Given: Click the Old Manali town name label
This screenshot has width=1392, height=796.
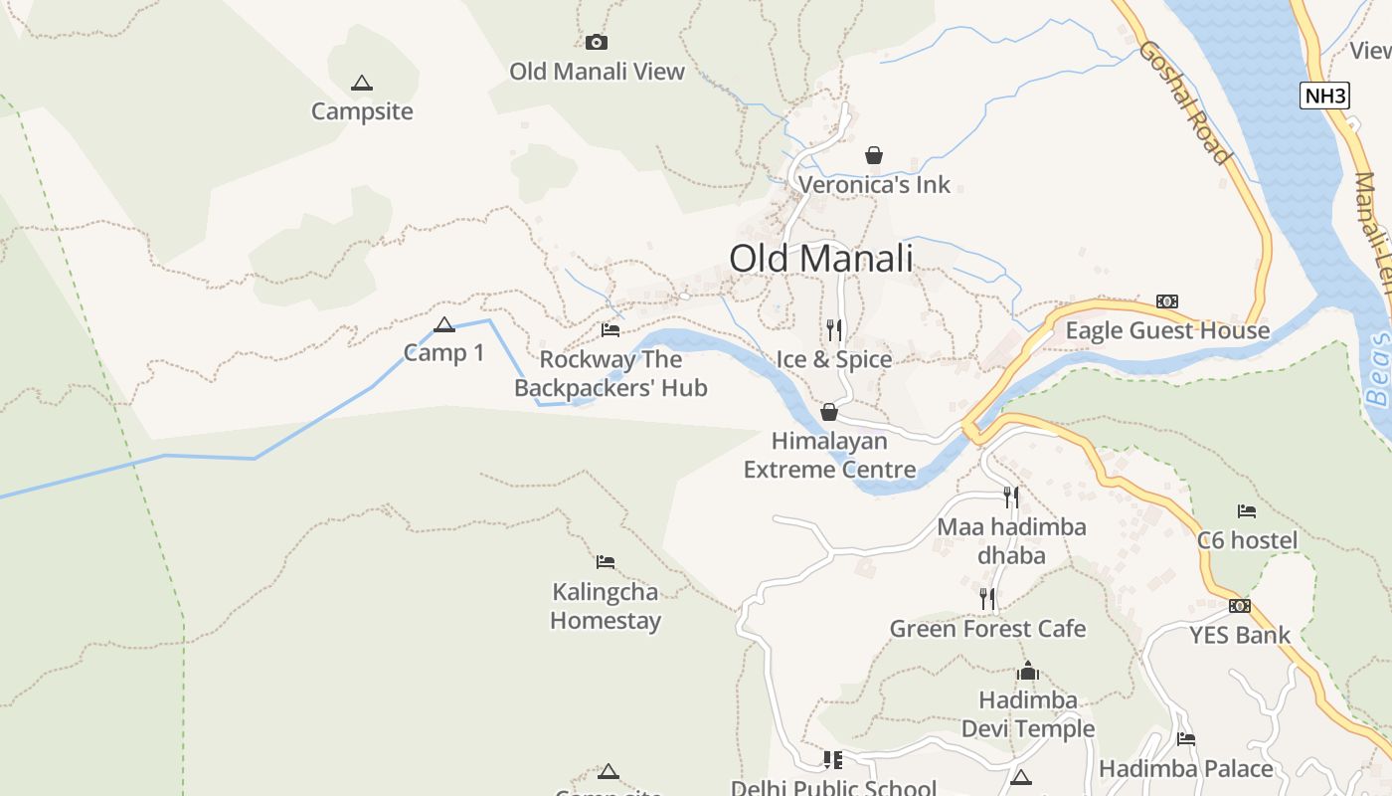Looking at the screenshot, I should pos(820,259).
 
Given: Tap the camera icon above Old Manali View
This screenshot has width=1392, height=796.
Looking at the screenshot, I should pos(597,42).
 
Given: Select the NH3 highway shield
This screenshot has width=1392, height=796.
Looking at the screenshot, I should pos(1324,97).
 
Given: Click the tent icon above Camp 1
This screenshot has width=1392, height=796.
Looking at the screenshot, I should pos(444,324).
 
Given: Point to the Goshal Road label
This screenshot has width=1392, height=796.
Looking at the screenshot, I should pos(1184,101).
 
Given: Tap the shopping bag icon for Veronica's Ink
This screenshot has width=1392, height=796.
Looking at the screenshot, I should pos(874,155).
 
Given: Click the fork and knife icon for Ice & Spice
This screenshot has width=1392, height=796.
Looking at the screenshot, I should pos(834,329).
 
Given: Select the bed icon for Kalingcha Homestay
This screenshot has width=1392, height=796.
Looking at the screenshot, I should pos(606,562).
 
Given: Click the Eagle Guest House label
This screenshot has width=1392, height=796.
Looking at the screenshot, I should pos(1167,330).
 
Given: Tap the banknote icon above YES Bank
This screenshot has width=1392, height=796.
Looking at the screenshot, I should pos(1239,605).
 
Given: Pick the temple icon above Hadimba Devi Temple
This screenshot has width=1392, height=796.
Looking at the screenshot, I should pos(1028,672).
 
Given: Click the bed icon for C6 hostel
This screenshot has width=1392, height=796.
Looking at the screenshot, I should pos(1247,511).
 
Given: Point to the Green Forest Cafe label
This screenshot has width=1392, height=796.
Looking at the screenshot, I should pos(987,629).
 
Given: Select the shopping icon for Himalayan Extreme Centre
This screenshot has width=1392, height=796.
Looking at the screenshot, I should pos(829,412).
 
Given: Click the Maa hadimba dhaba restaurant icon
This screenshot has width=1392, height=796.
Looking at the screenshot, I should pos(1011,497).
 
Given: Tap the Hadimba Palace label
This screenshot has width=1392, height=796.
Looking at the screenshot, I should pos(1185,769).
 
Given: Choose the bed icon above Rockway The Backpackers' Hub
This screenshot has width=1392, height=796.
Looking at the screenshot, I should pos(610,329).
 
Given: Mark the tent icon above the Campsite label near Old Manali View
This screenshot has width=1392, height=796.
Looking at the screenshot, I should pos(362,83).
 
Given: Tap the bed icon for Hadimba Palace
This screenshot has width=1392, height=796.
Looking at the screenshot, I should pos(1185,739).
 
